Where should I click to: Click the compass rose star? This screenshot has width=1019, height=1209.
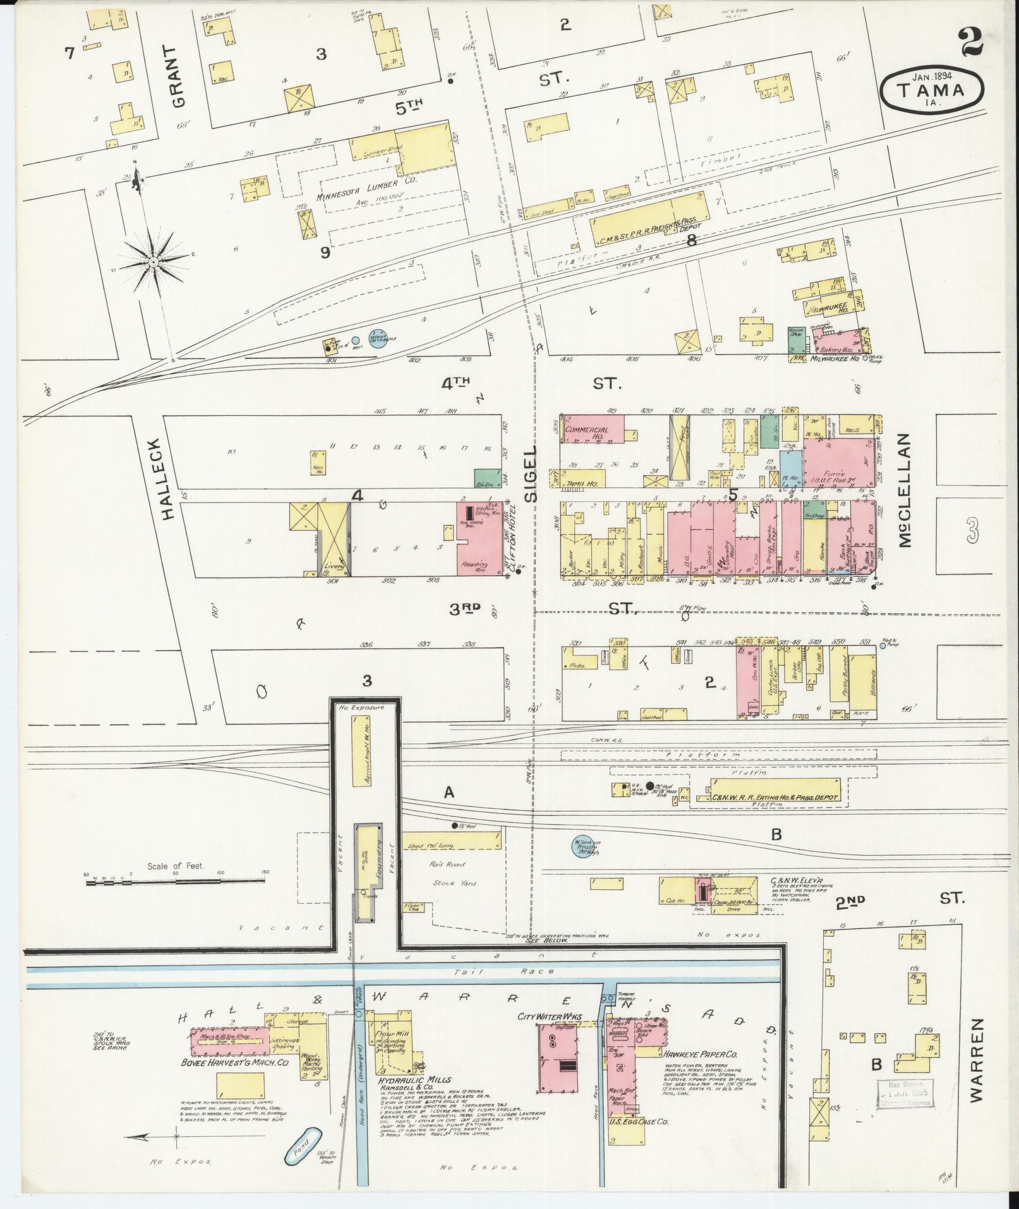coord(153,261)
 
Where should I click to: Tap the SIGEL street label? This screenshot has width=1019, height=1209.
coord(531,474)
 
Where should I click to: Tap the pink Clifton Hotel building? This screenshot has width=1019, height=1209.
coord(481,538)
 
